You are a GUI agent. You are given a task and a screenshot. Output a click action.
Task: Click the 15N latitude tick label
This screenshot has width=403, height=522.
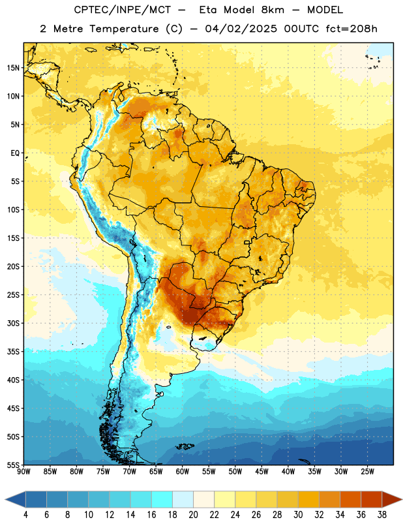pos(13,68)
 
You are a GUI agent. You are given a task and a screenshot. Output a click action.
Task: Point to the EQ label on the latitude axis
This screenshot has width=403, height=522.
pos(15,153)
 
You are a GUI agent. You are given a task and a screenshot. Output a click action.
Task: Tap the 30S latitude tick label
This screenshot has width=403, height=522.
pos(13,323)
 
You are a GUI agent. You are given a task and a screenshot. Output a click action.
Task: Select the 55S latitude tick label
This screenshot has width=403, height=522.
pos(13,465)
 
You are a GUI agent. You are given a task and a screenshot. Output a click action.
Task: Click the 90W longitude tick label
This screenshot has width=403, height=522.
pos(23,471)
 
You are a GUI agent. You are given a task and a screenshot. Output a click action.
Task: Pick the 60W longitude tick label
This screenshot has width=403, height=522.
pos(183,471)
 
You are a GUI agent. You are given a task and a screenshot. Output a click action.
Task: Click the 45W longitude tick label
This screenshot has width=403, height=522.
pos(261,471)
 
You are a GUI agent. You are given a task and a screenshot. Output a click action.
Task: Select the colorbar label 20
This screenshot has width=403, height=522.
pos(193,515)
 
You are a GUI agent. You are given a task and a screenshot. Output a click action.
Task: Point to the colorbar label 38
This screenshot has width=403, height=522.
pos(382,515)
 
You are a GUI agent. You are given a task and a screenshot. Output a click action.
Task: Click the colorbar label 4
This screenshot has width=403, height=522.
pos(25,515)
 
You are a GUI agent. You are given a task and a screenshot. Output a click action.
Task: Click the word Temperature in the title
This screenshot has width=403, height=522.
pos(125,29)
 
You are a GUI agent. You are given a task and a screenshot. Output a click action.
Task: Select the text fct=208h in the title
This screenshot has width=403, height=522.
pos(351,29)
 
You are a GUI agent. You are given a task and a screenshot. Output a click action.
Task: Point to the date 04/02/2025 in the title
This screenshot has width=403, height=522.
pos(241,29)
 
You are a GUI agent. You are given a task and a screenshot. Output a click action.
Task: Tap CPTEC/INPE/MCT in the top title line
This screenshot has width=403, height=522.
pos(123,10)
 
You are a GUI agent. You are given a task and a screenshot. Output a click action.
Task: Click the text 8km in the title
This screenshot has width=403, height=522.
pos(273,10)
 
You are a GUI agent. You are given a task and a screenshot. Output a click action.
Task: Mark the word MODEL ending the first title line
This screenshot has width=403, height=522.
pos(325,10)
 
